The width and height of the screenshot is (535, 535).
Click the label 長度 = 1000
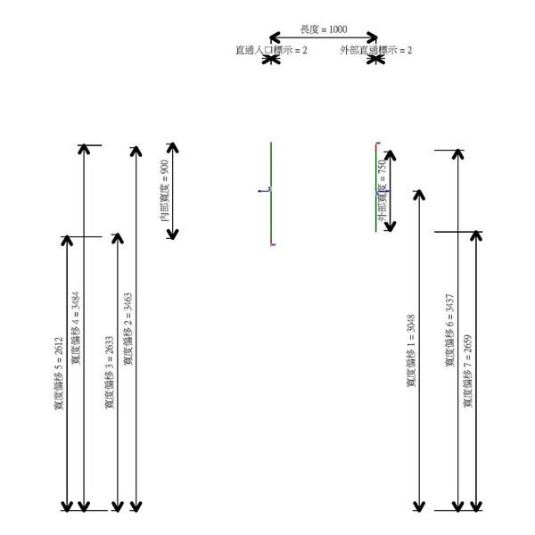tap(324, 29)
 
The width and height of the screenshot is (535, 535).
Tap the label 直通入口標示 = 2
tap(271, 51)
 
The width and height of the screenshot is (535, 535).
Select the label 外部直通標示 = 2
tap(375, 51)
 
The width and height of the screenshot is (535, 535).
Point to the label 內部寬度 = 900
tap(163, 191)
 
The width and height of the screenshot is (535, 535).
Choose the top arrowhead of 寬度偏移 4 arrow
tap(85, 150)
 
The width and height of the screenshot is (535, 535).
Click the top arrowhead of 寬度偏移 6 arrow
tap(458, 154)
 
